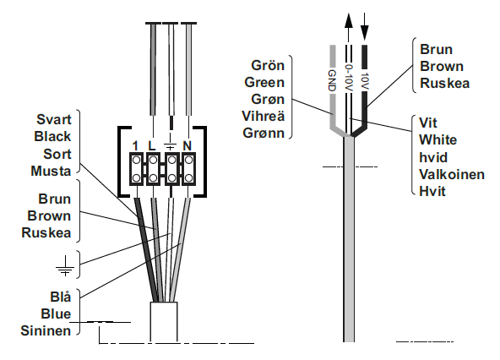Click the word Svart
(54, 120)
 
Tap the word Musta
(51, 171)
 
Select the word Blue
(56, 314)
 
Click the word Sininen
(46, 330)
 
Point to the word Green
(264, 82)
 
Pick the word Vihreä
(263, 116)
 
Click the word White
(437, 139)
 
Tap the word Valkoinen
(452, 174)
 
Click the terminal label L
(152, 145)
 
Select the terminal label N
(187, 145)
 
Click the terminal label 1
(135, 146)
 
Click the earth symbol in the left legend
(65, 266)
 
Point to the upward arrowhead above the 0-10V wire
(349, 21)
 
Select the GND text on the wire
(332, 80)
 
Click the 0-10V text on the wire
(349, 78)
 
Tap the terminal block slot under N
(188, 169)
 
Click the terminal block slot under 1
(136, 169)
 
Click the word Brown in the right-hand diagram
(442, 67)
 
